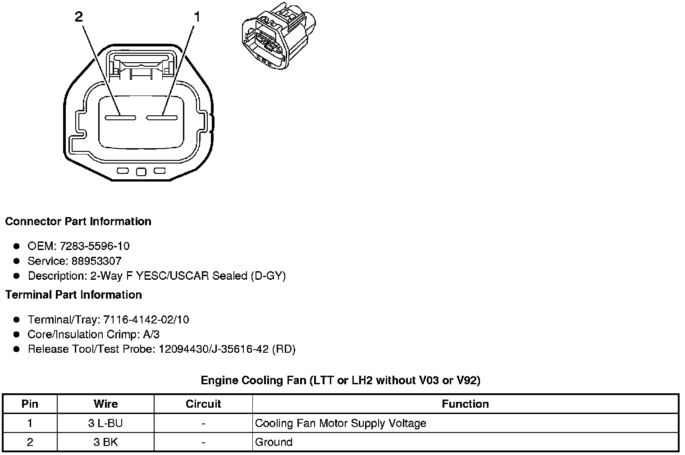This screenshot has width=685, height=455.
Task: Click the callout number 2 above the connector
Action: tap(79, 17)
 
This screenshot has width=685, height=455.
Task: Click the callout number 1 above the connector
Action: tap(196, 17)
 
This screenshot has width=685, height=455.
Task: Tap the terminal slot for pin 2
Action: tap(120, 118)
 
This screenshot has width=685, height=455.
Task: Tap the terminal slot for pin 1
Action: tap(161, 118)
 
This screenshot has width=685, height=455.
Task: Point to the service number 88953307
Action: tap(96, 261)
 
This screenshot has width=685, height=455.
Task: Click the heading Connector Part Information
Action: tap(78, 222)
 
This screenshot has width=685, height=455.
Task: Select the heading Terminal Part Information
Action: tap(73, 295)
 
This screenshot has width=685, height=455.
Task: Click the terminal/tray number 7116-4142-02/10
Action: tap(146, 320)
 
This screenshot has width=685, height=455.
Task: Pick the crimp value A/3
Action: tap(150, 334)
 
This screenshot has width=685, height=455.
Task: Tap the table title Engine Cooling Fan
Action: tap(340, 381)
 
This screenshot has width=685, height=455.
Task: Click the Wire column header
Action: tap(105, 404)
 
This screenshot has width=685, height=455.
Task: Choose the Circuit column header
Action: tap(203, 404)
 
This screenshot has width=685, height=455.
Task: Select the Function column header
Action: tap(465, 404)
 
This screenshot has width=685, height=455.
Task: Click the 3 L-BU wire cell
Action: tap(105, 423)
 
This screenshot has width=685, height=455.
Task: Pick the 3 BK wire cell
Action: tap(105, 442)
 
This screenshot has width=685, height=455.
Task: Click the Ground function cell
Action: tap(274, 442)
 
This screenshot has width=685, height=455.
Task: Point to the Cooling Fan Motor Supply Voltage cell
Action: tap(340, 423)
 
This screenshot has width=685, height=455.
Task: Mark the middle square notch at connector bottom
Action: tap(141, 172)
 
